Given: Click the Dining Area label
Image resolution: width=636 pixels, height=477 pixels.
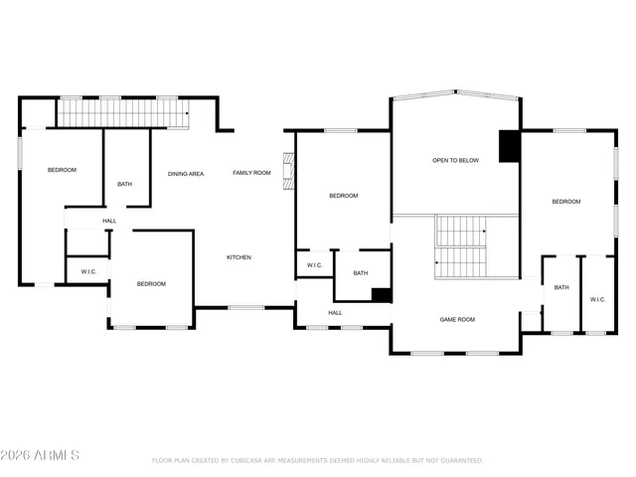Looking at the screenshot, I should (185, 174).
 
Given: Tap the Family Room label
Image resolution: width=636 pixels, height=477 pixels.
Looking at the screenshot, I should (251, 173).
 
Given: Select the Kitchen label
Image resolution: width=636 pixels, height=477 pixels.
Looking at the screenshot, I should (238, 257).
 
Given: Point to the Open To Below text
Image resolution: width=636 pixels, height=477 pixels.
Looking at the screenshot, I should (455, 160).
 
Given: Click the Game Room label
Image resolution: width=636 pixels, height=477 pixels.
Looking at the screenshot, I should (457, 320).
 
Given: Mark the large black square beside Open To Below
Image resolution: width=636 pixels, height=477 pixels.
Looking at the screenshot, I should (510, 146).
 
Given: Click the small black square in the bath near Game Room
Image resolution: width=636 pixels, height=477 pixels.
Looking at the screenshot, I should (381, 294).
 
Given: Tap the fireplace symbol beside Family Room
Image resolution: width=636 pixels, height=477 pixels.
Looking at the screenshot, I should (288, 172).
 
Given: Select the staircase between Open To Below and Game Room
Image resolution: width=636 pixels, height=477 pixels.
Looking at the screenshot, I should (459, 246).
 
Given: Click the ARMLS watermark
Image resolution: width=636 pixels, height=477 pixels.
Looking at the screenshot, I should (40, 455).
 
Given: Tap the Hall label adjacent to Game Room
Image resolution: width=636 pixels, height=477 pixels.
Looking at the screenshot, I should (336, 313).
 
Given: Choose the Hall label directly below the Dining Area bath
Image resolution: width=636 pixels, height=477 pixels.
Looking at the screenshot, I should (108, 221).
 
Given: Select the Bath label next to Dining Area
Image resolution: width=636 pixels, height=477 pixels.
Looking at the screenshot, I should (124, 184).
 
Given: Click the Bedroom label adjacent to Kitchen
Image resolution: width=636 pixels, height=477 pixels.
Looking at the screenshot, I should (151, 284).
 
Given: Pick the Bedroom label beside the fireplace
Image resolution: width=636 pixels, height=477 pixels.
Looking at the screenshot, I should (343, 196).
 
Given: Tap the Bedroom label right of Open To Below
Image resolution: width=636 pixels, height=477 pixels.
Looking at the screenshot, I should (566, 202).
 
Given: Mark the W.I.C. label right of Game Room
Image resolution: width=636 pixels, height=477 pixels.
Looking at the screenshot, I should (597, 299).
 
